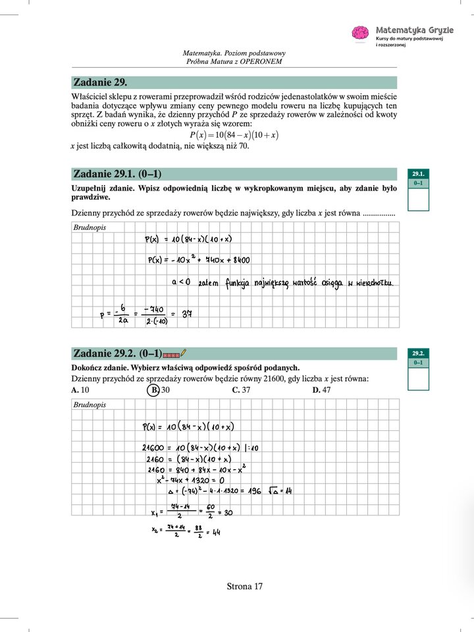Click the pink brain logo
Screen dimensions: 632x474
[x=360, y=33]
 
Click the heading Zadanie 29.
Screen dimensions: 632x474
[x=100, y=82]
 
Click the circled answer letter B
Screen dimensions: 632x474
[x=152, y=389]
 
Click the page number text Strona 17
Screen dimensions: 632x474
[x=244, y=586]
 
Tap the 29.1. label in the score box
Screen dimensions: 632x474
[x=418, y=173]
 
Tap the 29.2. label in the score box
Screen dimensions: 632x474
[x=418, y=353]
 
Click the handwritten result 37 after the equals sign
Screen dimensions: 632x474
[x=186, y=314]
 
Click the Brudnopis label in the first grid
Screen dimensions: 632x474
[x=89, y=227]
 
